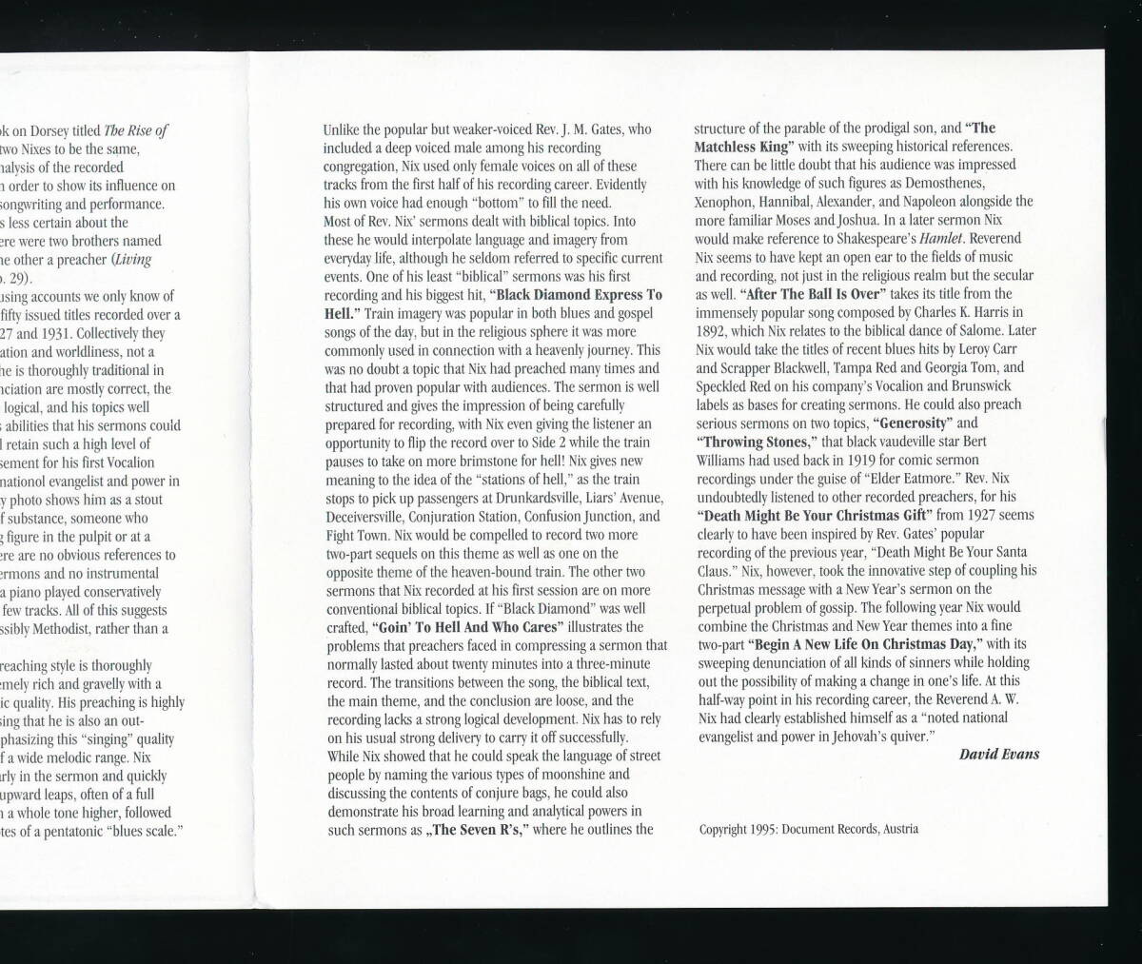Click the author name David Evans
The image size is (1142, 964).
[x=998, y=755]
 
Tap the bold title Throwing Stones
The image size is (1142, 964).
[x=758, y=442]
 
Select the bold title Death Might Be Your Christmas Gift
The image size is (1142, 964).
[x=811, y=515]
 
